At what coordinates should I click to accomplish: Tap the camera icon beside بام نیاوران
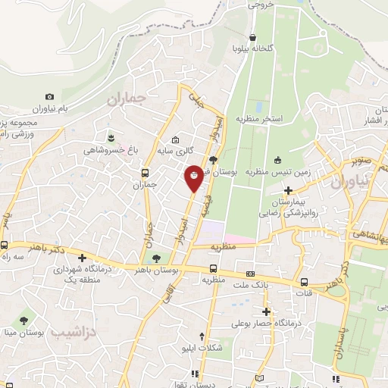click(x=50, y=97)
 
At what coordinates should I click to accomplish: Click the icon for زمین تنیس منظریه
click(x=277, y=159)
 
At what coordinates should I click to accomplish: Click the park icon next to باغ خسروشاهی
click(x=111, y=137)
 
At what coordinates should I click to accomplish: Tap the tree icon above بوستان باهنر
click(x=157, y=259)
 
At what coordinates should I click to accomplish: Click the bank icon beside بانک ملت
click(x=250, y=273)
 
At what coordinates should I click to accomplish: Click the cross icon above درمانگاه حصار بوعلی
click(x=266, y=311)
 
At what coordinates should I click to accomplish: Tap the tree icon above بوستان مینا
click(x=23, y=321)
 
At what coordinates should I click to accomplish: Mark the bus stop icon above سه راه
click(x=5, y=246)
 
